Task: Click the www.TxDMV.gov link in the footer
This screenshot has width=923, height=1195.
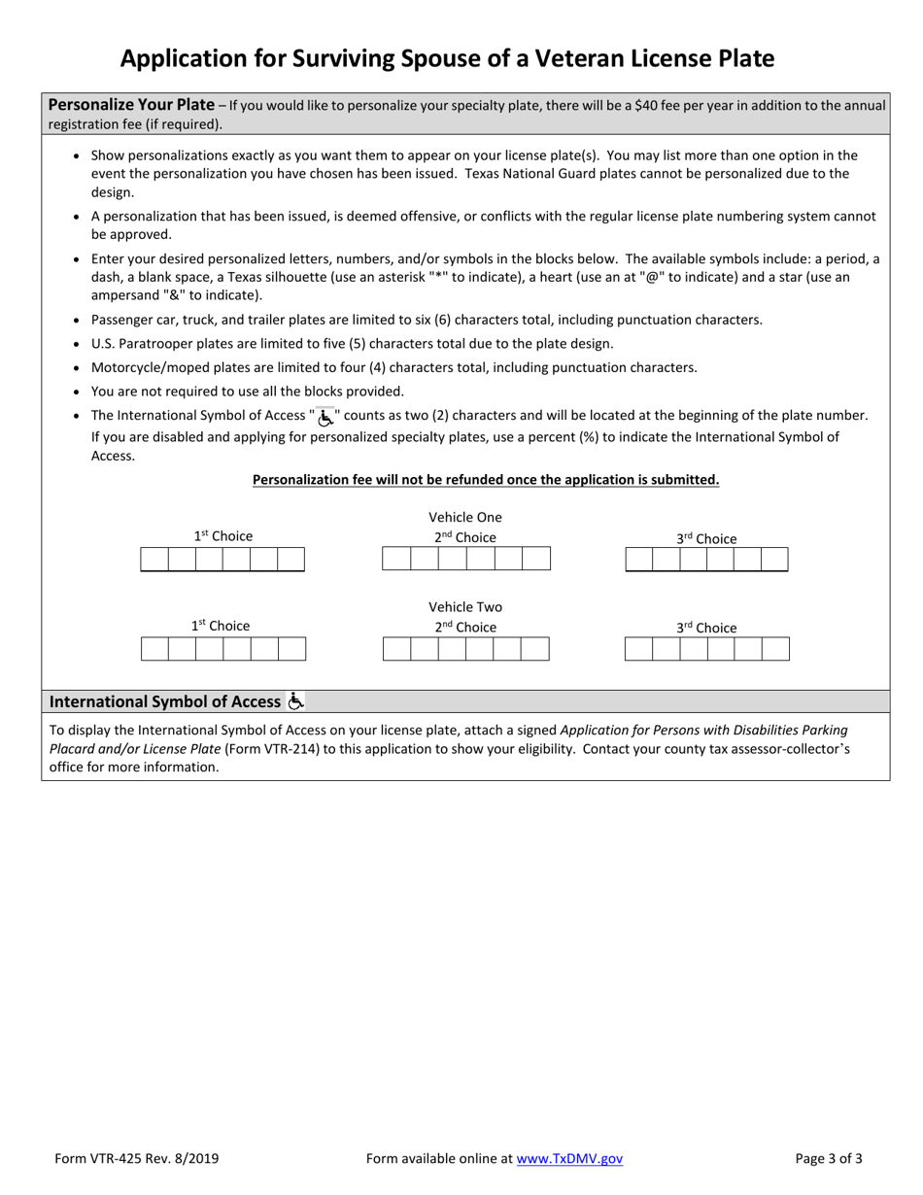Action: pos(569,1158)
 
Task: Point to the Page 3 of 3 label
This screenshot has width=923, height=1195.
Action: pos(828,1158)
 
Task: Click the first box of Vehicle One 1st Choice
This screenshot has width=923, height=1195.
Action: pos(154,560)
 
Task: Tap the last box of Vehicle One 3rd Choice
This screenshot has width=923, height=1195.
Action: pos(774,560)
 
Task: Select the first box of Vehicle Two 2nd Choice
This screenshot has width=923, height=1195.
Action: pos(396,649)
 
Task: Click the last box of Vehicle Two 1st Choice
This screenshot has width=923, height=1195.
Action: pos(291,649)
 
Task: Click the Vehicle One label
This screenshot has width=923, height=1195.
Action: pos(465,517)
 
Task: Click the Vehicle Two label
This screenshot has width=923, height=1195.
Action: pos(465,607)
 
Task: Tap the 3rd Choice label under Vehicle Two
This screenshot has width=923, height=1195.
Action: pos(706,628)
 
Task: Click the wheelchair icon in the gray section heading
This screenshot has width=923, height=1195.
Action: pos(296,700)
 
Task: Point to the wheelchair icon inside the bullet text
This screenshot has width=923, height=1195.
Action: pos(325,416)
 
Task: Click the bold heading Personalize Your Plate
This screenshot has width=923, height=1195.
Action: pos(131,105)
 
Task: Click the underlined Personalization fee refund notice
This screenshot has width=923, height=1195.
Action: pos(486,479)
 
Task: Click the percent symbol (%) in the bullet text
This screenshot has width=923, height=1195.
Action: pos(589,437)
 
